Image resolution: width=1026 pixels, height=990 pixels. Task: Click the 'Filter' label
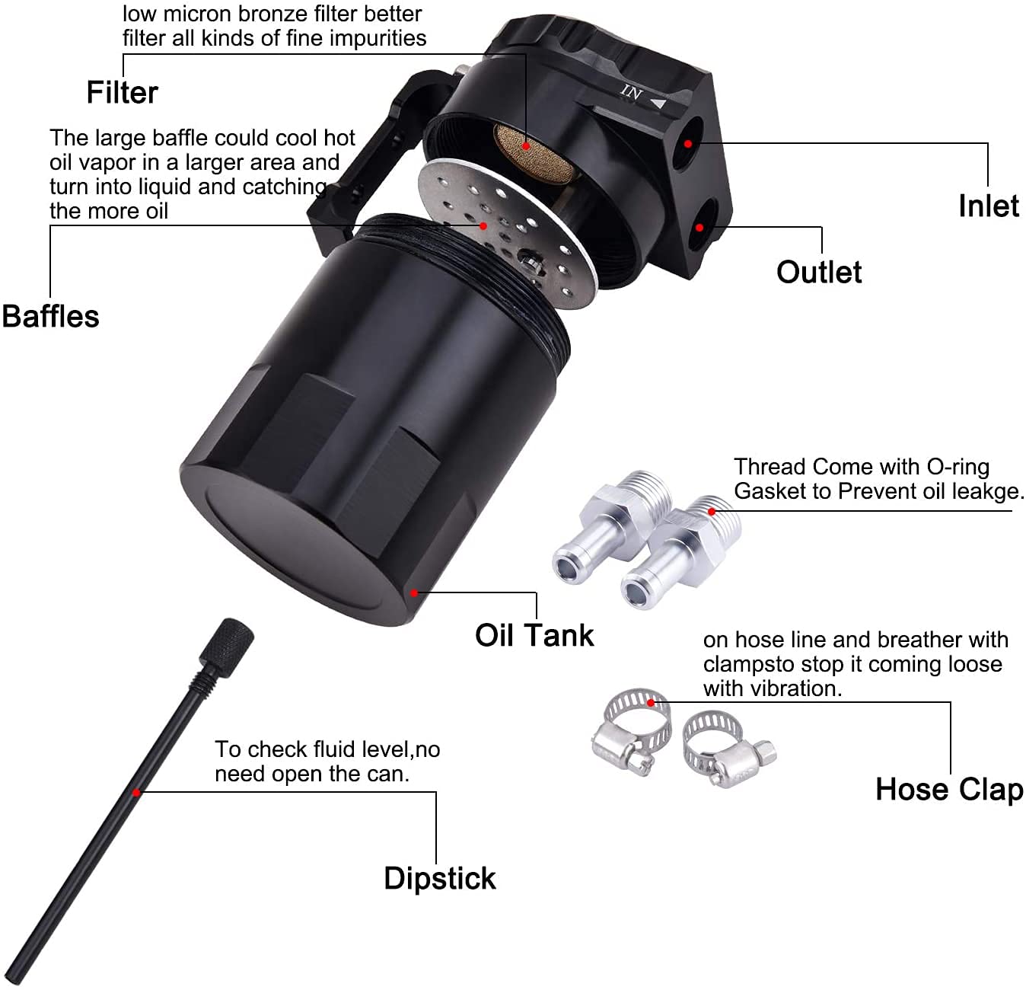(x=122, y=93)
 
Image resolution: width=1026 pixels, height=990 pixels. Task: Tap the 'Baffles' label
(x=50, y=317)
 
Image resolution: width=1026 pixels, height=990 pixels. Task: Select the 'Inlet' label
(x=988, y=206)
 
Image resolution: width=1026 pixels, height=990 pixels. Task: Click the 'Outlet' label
(x=819, y=273)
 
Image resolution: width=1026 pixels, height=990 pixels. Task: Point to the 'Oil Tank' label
(x=534, y=635)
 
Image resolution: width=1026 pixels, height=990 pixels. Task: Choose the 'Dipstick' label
(x=439, y=878)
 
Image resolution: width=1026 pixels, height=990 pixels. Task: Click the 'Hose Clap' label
(x=949, y=790)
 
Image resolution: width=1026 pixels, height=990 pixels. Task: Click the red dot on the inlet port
(x=688, y=143)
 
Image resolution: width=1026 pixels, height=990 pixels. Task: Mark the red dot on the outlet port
(x=699, y=227)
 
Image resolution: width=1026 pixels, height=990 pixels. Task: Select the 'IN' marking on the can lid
(x=631, y=93)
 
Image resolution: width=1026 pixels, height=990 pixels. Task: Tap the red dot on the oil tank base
(x=414, y=592)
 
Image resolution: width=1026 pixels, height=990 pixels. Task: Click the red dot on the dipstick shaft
(x=137, y=793)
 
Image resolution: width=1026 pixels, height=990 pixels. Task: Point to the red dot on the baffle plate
(x=483, y=225)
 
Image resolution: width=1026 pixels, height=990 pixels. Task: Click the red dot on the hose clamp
(x=651, y=702)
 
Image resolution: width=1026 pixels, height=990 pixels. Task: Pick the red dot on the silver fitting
(x=712, y=511)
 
